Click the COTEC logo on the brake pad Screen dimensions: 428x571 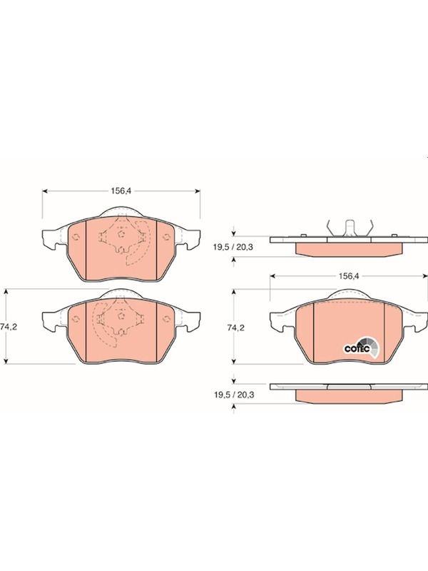tap(362, 347)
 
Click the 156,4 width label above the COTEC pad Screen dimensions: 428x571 tap(349, 276)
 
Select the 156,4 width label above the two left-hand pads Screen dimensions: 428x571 tap(121, 191)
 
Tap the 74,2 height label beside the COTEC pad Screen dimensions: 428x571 tap(236, 328)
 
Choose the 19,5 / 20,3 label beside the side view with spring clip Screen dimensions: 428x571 tap(233, 247)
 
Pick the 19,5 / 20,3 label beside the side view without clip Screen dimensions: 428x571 tap(233, 395)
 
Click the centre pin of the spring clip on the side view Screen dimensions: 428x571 tap(350, 228)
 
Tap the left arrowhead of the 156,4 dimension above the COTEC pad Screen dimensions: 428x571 tap(272, 276)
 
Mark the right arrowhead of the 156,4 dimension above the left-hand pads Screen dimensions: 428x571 tap(198, 191)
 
